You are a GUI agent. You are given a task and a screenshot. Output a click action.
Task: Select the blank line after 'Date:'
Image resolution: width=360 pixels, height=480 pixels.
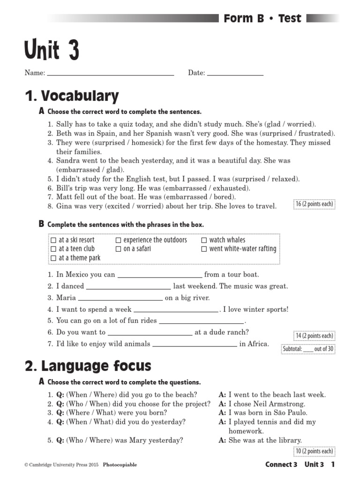235,74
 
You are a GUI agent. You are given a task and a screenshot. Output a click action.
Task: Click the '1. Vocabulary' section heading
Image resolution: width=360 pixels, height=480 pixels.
72,97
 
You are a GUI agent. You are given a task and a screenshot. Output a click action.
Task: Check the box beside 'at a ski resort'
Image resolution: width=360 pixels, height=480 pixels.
54,240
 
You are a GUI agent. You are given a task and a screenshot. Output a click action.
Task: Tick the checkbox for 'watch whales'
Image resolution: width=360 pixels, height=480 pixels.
204,240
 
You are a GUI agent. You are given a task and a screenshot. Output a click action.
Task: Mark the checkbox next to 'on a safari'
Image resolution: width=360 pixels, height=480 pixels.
118,249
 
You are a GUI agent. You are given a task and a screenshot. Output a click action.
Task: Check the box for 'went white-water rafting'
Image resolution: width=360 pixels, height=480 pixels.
204,249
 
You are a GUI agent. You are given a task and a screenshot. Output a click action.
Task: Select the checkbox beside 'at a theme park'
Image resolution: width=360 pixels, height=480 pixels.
54,258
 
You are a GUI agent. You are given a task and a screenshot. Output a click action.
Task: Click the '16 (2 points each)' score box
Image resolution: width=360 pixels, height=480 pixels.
314,204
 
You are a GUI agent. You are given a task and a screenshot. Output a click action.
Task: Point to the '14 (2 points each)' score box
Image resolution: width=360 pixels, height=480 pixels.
314,336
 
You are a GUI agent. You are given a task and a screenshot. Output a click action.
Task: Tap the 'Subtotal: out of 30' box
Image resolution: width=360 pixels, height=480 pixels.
307,349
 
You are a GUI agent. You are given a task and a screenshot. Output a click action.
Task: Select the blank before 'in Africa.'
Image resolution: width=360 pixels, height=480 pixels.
195,346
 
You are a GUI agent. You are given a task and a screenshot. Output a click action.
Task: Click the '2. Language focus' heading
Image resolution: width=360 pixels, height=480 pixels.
88,366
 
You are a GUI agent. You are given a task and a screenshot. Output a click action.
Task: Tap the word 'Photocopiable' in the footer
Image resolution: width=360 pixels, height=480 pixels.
120,465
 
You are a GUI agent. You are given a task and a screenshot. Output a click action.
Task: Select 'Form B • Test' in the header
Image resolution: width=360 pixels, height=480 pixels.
262,19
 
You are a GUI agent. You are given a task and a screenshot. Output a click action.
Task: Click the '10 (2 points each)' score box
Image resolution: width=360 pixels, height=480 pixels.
314,451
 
